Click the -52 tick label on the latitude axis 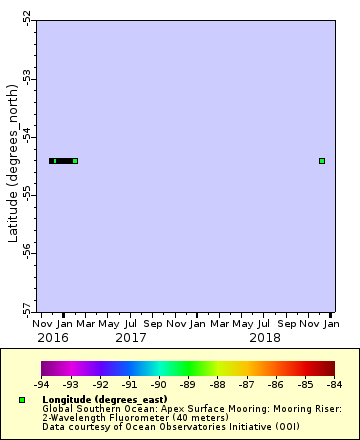(x=27, y=19)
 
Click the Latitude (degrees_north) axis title (x=13, y=165)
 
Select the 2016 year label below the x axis (x=52, y=338)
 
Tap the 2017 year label (x=130, y=338)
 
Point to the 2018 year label (x=264, y=338)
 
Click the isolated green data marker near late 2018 (x=322, y=160)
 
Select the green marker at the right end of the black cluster (x=75, y=160)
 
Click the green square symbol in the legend (x=22, y=400)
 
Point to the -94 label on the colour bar (x=42, y=383)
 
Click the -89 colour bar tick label (x=188, y=383)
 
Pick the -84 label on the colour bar (x=333, y=383)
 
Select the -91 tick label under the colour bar (x=130, y=383)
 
